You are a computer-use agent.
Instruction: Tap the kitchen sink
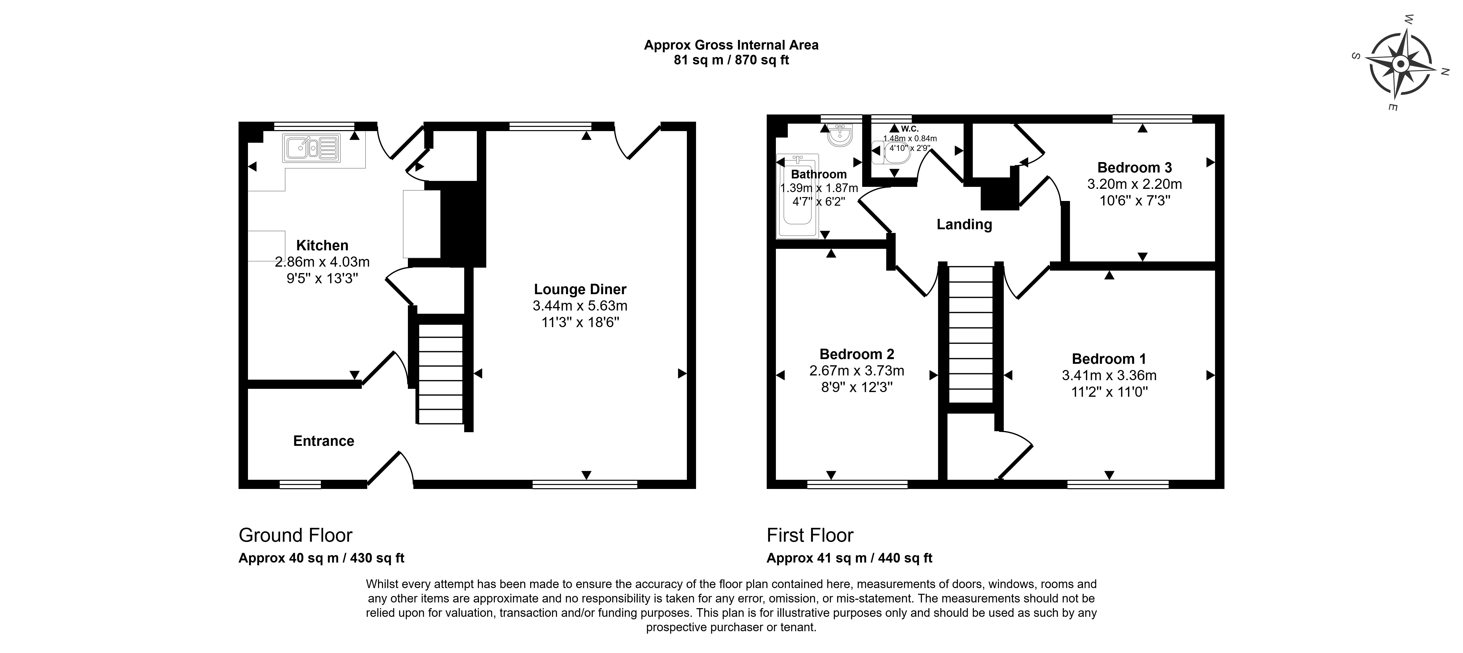311,148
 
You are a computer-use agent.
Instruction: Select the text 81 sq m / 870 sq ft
731,60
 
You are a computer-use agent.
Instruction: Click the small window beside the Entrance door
300,484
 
